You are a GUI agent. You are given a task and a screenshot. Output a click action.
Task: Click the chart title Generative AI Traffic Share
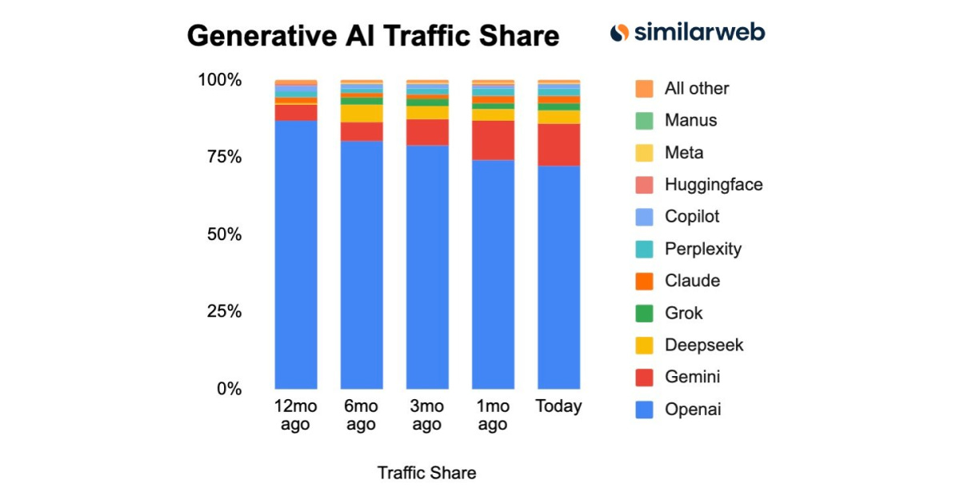[x=373, y=37]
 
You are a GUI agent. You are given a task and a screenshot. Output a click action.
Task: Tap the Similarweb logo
[x=687, y=33]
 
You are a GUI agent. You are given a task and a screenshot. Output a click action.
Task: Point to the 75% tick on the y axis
[x=219, y=157]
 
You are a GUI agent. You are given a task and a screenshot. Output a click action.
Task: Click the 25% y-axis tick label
[x=219, y=311]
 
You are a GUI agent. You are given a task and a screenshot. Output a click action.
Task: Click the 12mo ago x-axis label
[x=295, y=414]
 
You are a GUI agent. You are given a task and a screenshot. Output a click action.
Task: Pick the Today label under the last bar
[x=558, y=406]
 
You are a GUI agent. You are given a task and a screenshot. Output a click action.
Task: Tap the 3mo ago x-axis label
[x=426, y=414]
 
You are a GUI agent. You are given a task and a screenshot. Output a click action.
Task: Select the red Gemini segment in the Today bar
[x=558, y=145]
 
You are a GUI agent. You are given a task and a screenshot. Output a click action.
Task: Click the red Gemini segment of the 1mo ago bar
[x=493, y=140]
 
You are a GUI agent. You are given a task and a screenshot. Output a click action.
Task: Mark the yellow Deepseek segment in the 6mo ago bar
[x=361, y=113]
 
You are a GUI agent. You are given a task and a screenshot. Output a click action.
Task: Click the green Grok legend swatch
[x=644, y=313]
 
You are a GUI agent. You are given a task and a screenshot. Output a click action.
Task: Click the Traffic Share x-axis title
[x=426, y=473]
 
